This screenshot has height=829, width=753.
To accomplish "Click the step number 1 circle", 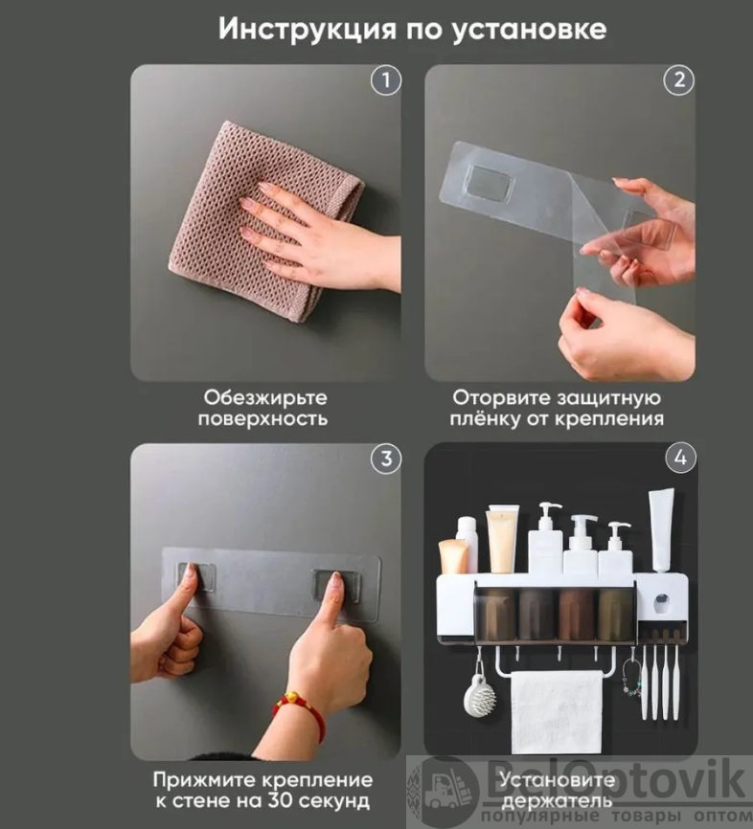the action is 385,80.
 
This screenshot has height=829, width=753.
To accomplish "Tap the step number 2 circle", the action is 679,80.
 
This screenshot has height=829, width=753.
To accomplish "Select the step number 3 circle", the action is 386,459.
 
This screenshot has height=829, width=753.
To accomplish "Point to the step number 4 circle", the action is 680,458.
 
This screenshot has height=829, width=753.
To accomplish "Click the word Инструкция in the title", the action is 308,30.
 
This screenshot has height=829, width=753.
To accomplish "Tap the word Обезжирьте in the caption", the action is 265,397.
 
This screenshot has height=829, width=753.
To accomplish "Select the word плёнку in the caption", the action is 485,418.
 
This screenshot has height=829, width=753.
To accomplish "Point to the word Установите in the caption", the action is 558,780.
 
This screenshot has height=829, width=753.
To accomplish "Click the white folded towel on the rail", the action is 557,711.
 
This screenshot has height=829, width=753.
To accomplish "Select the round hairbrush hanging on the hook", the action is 479,695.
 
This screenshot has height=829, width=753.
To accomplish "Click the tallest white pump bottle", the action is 545,538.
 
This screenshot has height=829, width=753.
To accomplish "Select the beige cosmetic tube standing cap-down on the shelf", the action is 502,539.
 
